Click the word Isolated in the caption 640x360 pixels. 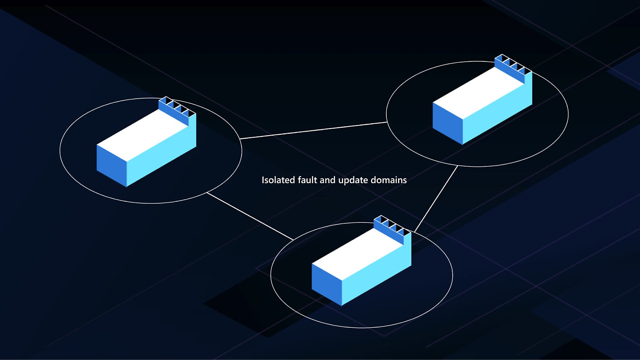278,180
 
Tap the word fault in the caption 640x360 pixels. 307,180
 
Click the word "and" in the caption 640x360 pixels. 327,180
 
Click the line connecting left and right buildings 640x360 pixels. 313,131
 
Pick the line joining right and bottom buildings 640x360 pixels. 436,199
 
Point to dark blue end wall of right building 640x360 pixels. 447,123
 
